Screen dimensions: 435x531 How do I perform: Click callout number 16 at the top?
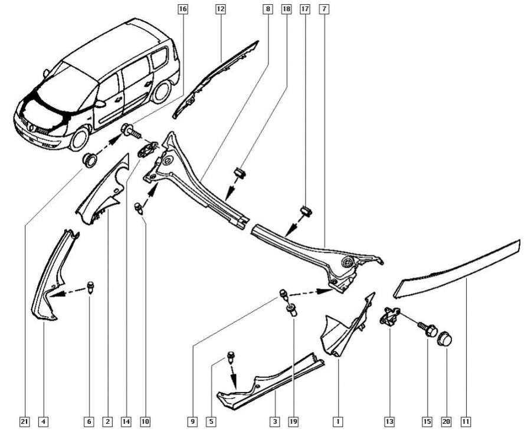click(x=182, y=9)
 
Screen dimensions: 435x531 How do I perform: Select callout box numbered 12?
click(x=220, y=9)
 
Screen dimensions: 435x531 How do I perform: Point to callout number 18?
click(x=287, y=9)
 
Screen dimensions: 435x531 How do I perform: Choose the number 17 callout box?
click(x=305, y=9)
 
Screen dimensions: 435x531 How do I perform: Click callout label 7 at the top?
click(x=324, y=9)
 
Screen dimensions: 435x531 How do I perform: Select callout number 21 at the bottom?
click(x=24, y=421)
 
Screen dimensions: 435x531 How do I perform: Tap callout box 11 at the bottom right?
click(x=466, y=421)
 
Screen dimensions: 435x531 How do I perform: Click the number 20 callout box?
click(x=447, y=421)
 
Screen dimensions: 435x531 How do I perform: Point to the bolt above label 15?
click(x=427, y=326)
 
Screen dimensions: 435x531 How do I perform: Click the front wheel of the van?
click(x=79, y=140)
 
